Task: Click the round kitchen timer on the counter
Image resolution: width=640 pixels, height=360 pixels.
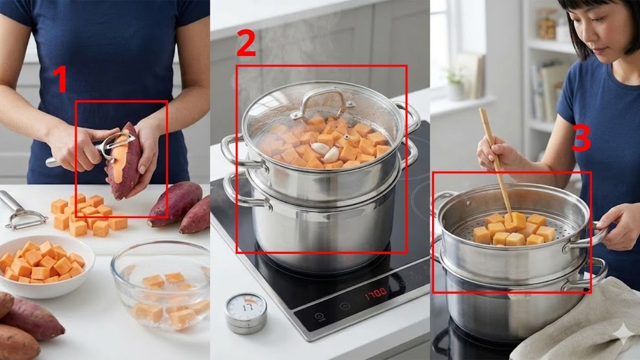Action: (x=245, y=311)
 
